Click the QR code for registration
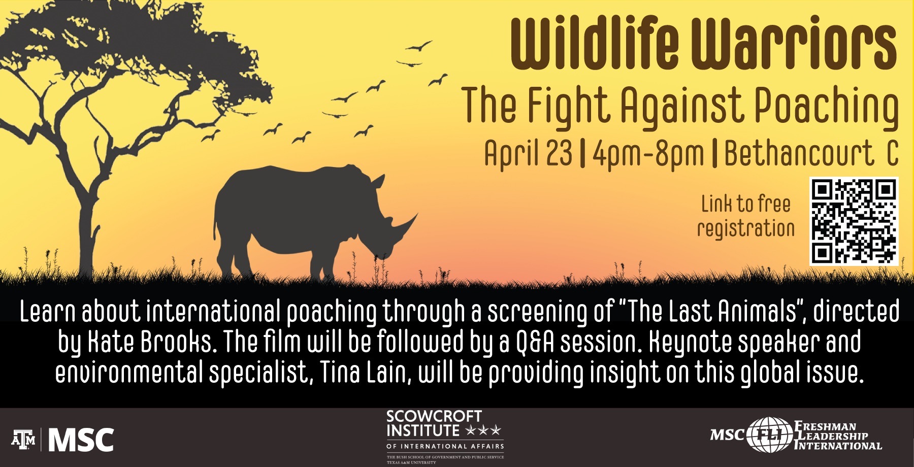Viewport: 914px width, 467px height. tap(854, 221)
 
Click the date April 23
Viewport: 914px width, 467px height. tap(528, 153)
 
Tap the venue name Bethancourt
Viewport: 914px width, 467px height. tap(798, 153)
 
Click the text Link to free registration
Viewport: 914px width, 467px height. tap(746, 216)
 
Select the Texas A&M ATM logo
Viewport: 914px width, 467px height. tap(23, 440)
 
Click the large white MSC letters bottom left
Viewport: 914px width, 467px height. tap(81, 440)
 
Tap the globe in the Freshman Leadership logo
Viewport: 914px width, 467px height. tap(769, 435)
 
